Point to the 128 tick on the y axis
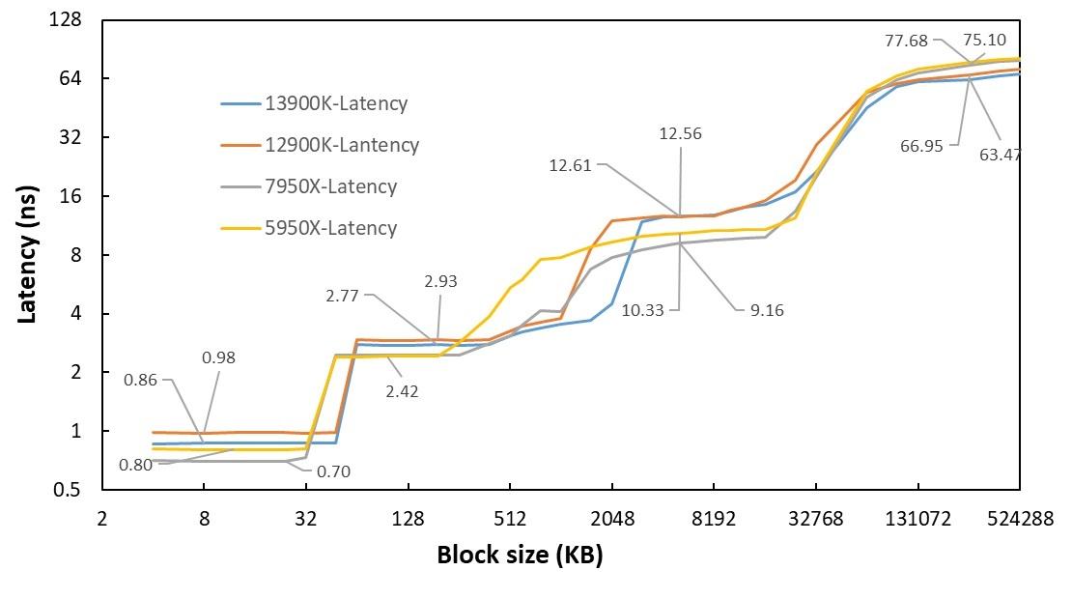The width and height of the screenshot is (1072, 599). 67,19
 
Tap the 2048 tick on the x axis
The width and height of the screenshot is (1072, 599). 612,519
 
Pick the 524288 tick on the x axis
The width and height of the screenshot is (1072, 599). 1019,519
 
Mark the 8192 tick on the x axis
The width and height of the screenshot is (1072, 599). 714,519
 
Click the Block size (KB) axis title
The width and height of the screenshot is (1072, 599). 520,556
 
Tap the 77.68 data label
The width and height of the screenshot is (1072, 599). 906,41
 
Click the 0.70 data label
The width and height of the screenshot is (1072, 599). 333,472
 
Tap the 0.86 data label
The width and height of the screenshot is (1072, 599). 141,380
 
